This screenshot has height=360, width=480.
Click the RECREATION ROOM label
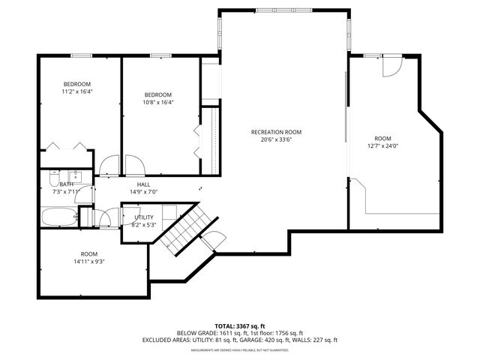point(281,132)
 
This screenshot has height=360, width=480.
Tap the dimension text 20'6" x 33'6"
point(281,139)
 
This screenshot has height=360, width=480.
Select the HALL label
point(143,184)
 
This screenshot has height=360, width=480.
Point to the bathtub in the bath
point(58,218)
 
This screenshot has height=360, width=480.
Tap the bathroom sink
point(82,177)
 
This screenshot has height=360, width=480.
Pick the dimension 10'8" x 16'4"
point(158,102)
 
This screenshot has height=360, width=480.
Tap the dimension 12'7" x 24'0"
point(382,146)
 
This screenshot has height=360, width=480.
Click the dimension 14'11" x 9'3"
point(88,261)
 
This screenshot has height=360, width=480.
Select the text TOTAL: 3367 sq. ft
point(239,326)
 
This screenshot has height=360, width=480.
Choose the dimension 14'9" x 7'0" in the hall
point(143,192)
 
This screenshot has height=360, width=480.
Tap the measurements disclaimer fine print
point(239,350)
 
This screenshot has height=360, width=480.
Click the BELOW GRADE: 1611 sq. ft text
point(206,333)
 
